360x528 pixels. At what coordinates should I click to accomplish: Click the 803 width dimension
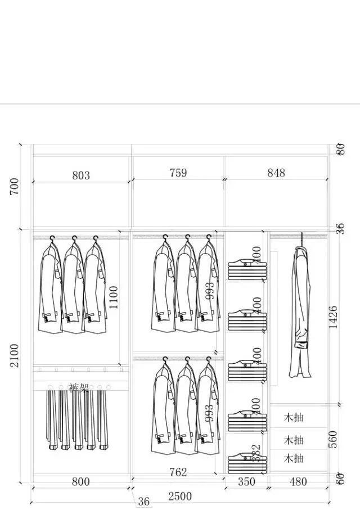(x=81, y=175)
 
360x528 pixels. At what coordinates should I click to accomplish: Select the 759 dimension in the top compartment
(x=178, y=173)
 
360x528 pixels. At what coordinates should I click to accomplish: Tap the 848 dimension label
(x=276, y=173)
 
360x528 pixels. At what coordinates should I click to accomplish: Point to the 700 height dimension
(x=15, y=186)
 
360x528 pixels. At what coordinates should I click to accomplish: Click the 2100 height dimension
(x=15, y=355)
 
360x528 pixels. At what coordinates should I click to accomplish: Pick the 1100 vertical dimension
(x=114, y=297)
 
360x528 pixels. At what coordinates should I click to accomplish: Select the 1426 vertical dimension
(x=333, y=318)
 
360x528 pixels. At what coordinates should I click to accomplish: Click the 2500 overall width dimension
(x=180, y=496)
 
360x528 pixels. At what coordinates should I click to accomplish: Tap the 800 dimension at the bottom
(x=81, y=481)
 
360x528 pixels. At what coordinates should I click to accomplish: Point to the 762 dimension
(x=178, y=472)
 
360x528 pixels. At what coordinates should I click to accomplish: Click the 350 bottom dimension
(x=246, y=481)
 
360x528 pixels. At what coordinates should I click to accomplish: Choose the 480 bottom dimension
(x=298, y=481)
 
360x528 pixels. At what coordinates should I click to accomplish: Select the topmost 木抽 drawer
(x=294, y=417)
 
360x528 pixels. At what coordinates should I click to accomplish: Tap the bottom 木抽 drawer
(x=294, y=458)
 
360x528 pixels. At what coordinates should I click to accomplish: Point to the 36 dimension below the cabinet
(x=144, y=502)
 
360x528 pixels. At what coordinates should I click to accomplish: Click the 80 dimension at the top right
(x=340, y=150)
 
